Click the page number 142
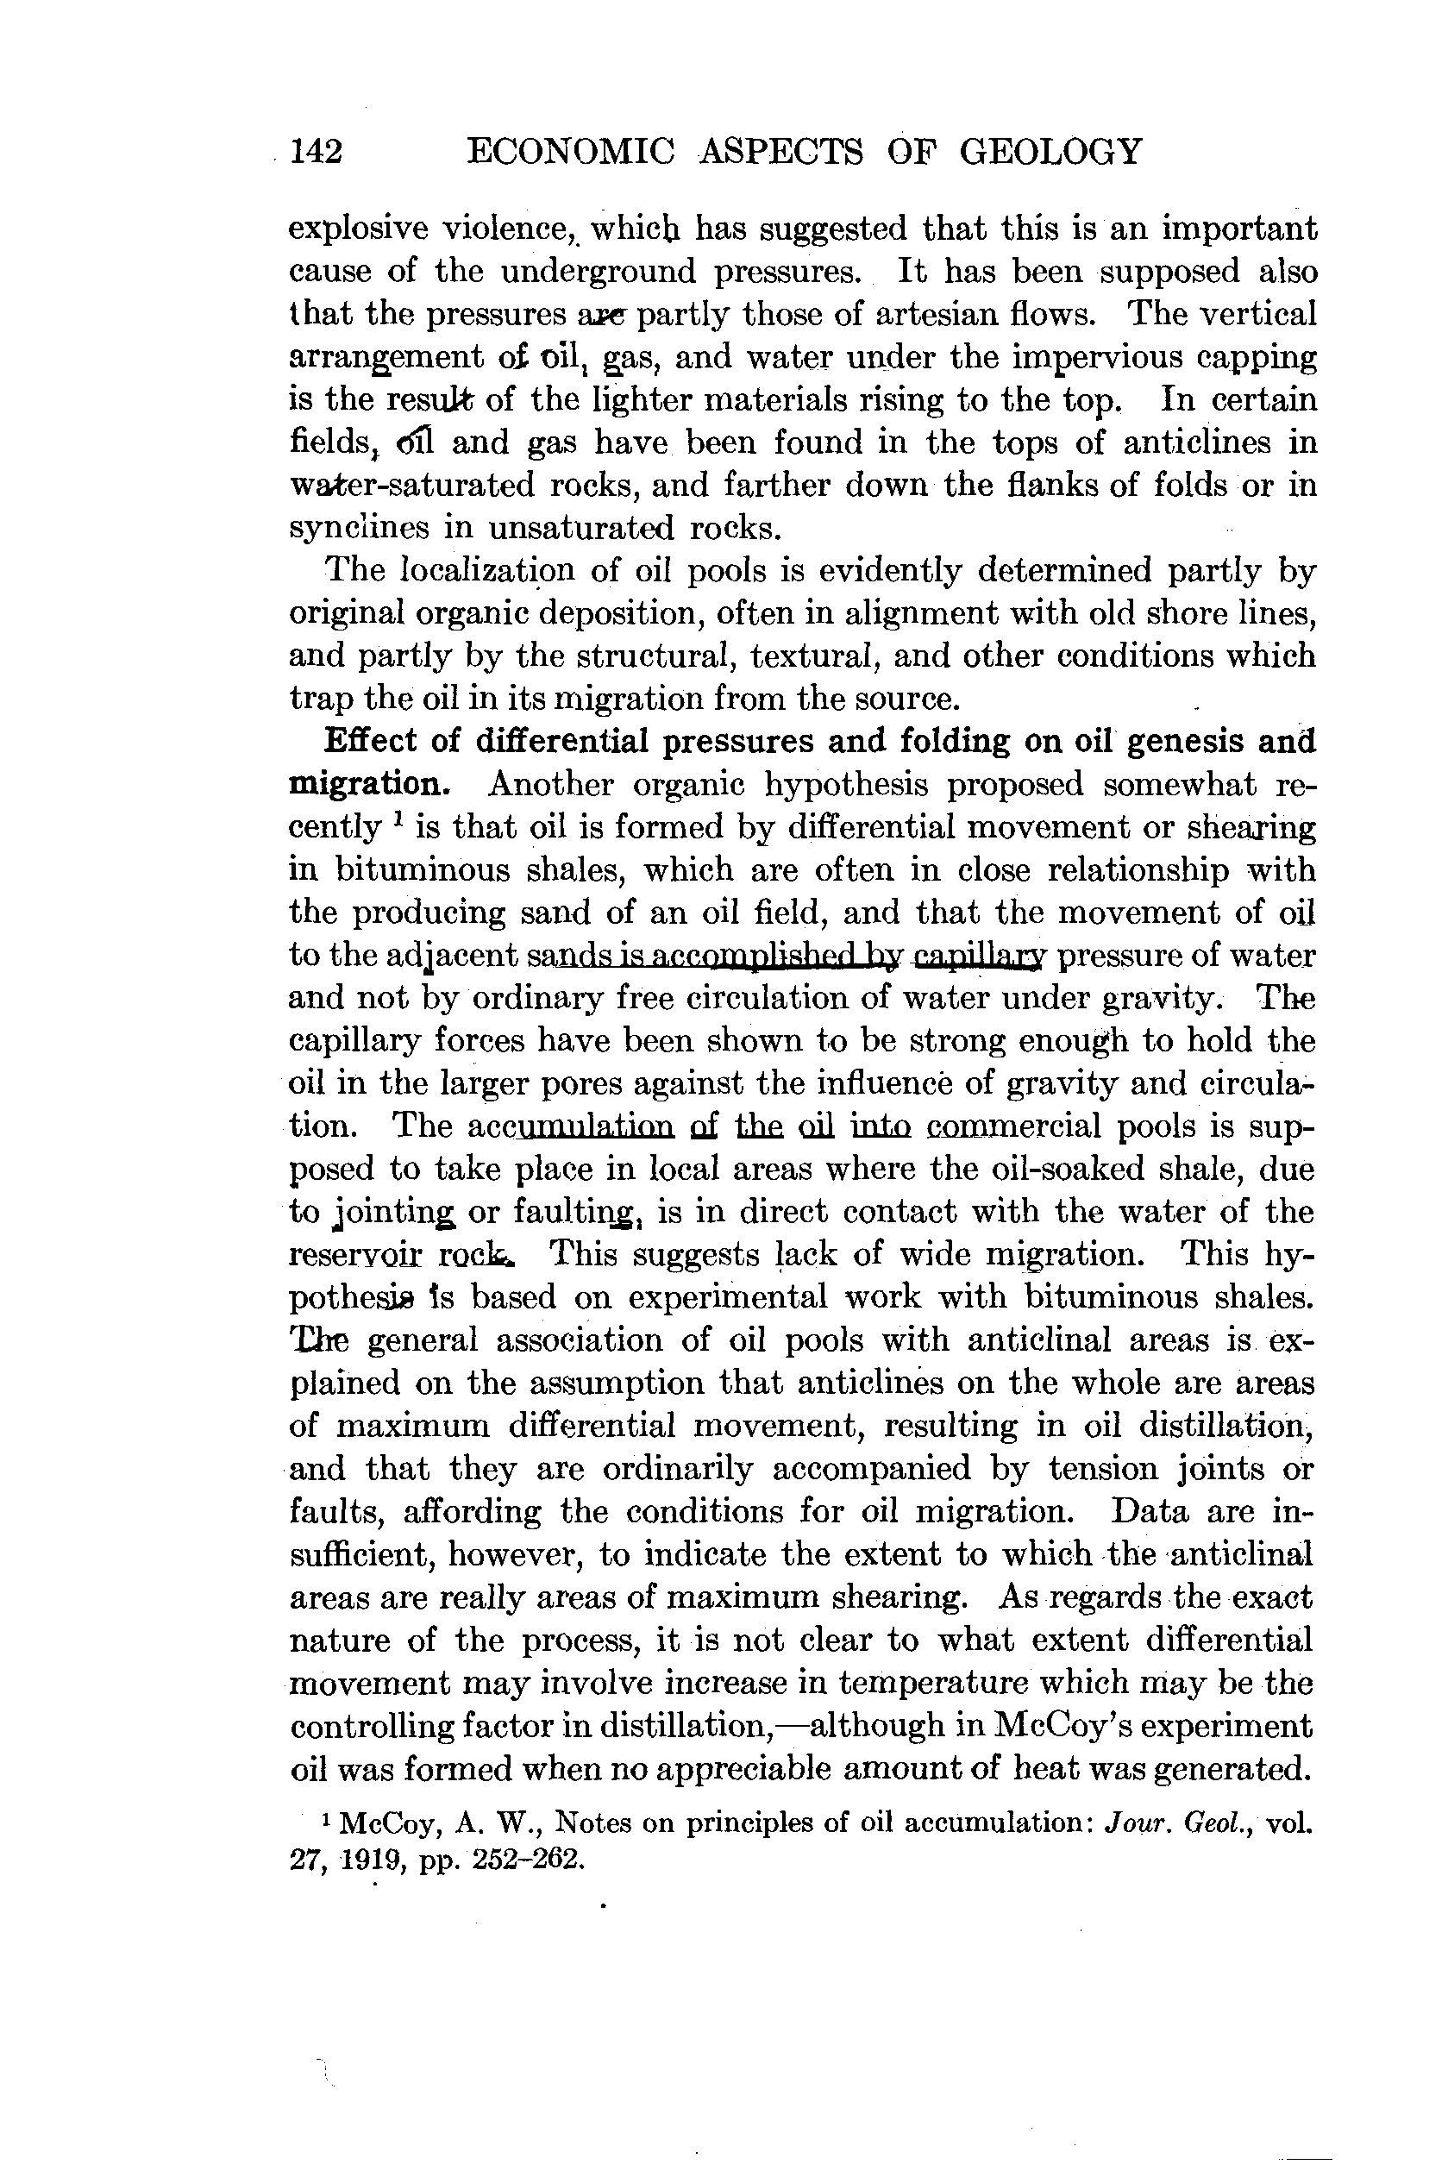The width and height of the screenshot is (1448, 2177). click(x=316, y=151)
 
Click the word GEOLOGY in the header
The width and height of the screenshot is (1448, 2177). click(x=1051, y=151)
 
